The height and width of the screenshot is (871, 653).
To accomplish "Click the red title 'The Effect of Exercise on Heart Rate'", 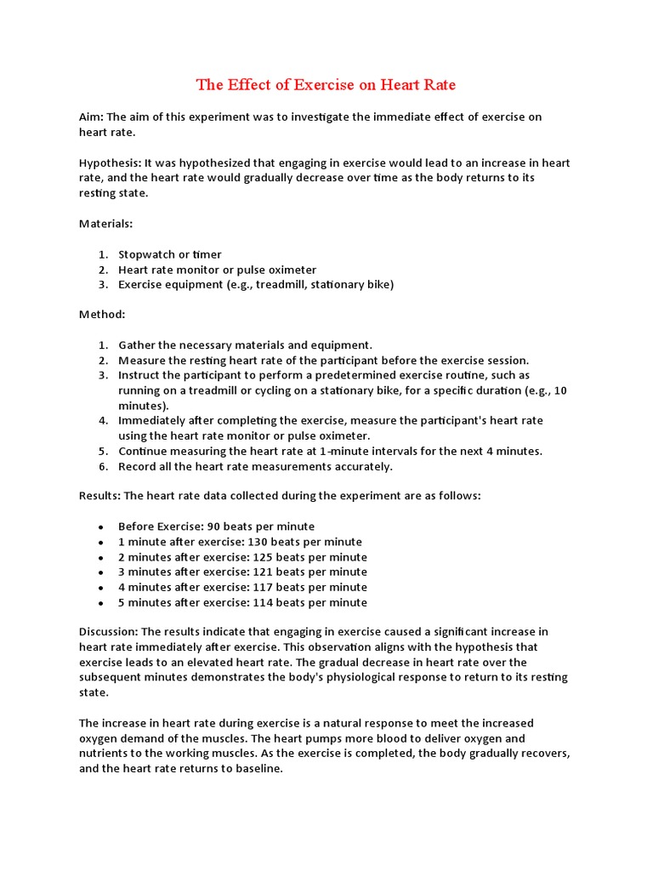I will (x=326, y=84).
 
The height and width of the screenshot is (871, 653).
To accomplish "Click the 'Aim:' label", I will (x=92, y=117).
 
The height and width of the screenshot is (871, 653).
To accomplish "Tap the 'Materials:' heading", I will (x=105, y=224).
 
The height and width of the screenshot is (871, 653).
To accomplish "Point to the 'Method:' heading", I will (x=102, y=314).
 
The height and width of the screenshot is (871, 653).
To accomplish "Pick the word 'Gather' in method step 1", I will (x=137, y=344).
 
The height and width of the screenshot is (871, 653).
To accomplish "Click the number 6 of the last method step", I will (x=101, y=466).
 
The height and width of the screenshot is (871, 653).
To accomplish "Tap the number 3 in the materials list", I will (x=101, y=284).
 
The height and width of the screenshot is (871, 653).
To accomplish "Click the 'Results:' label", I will (x=99, y=495).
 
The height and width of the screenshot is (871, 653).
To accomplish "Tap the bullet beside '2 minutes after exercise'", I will (x=101, y=557).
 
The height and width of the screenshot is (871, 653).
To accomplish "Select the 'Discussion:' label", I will (x=109, y=631).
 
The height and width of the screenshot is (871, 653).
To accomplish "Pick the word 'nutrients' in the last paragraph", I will (x=108, y=754).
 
